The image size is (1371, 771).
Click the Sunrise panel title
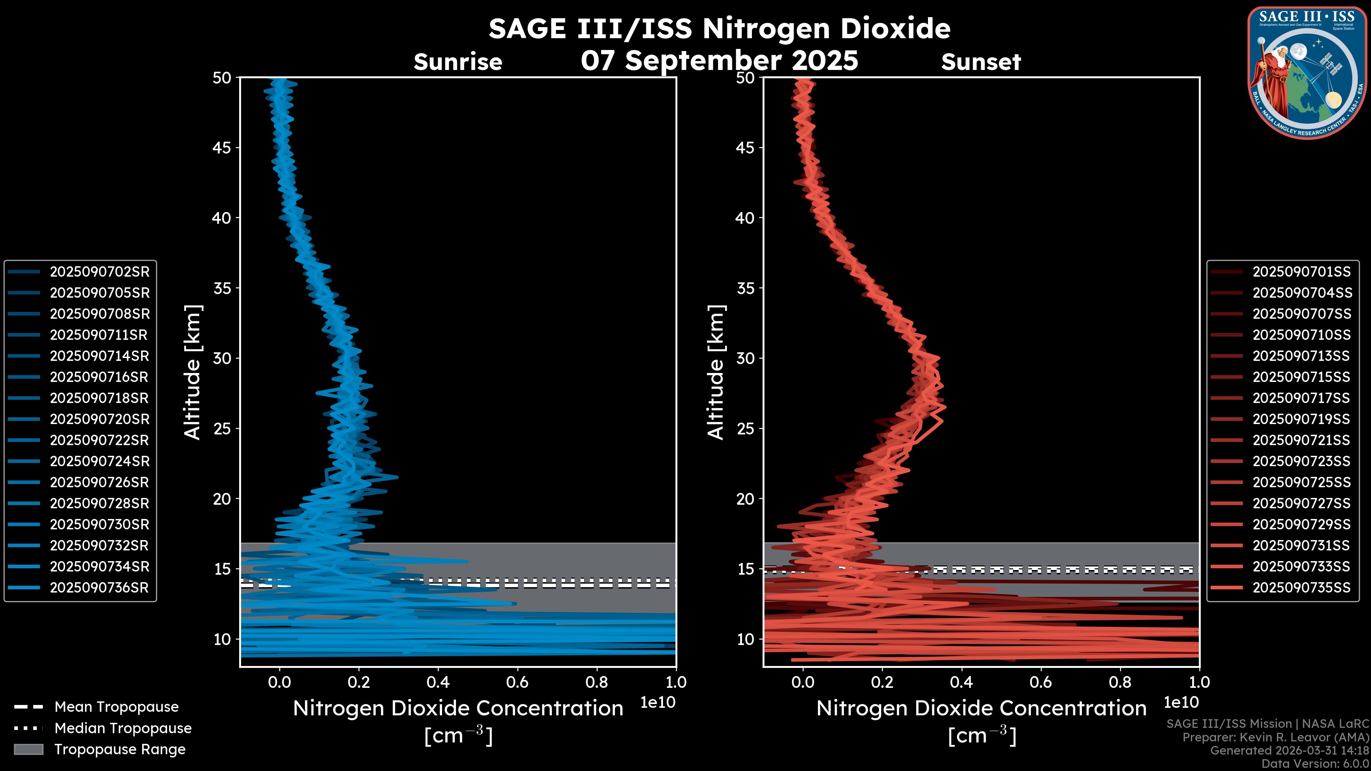point(458,62)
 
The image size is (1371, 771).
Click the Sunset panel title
point(981,62)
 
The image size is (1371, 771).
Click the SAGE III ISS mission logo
point(1307,72)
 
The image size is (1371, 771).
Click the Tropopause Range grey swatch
point(29,750)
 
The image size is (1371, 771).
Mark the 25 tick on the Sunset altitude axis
point(745,429)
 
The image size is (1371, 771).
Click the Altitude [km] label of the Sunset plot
point(716,372)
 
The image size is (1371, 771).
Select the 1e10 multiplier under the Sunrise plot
point(658,702)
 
